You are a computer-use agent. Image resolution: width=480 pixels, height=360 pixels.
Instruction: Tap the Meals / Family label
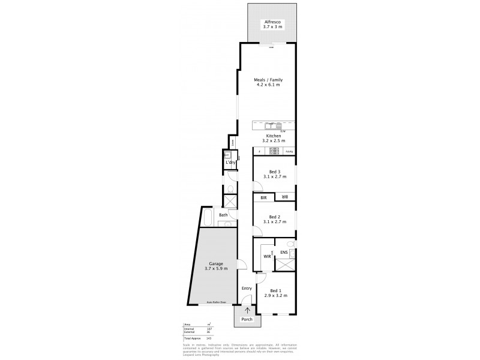point(268,80)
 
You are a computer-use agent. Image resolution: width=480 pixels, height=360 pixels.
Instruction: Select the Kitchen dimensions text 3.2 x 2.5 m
point(274,142)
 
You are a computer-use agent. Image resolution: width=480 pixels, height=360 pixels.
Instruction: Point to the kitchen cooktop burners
point(274,152)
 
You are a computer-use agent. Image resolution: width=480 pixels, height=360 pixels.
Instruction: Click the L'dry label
point(229,163)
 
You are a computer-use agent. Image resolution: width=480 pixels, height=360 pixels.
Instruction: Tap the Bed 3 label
point(275,172)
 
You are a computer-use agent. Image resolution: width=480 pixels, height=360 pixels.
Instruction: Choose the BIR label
point(263,197)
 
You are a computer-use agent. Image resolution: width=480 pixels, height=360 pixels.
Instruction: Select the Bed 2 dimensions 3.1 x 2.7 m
point(275,222)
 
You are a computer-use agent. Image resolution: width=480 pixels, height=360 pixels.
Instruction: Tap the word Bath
point(223,215)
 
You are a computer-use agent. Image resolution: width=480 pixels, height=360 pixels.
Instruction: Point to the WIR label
point(267,256)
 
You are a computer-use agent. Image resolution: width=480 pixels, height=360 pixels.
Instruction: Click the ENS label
point(284,252)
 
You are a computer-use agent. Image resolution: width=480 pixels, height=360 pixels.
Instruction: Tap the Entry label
point(247,289)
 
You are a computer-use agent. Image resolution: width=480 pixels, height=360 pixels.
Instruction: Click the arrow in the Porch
point(247,310)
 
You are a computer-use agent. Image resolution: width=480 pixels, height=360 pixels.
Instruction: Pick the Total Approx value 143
point(208,338)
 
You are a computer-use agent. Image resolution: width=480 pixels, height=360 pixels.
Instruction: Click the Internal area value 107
point(208,329)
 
